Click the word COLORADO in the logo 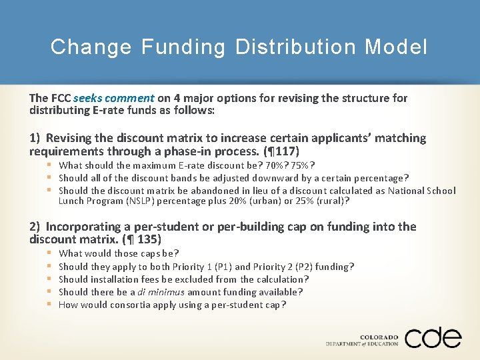pyautogui.click(x=379, y=338)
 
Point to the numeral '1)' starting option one pyautogui.click(x=35, y=138)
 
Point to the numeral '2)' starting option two pyautogui.click(x=35, y=227)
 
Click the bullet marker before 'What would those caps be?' pyautogui.click(x=49, y=253)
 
